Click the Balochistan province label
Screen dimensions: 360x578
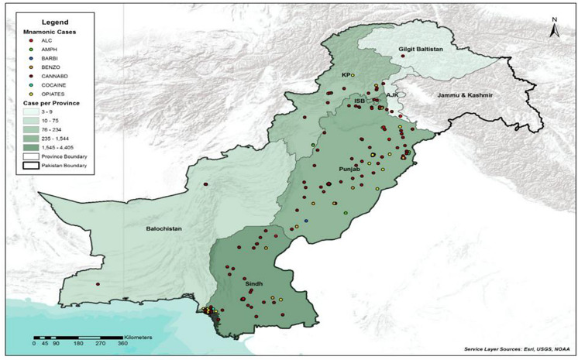click(x=164, y=229)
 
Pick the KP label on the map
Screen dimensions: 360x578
click(x=346, y=75)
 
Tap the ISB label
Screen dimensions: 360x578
click(x=359, y=101)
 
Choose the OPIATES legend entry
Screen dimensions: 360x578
click(x=51, y=93)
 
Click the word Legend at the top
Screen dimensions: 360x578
click(x=67, y=22)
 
